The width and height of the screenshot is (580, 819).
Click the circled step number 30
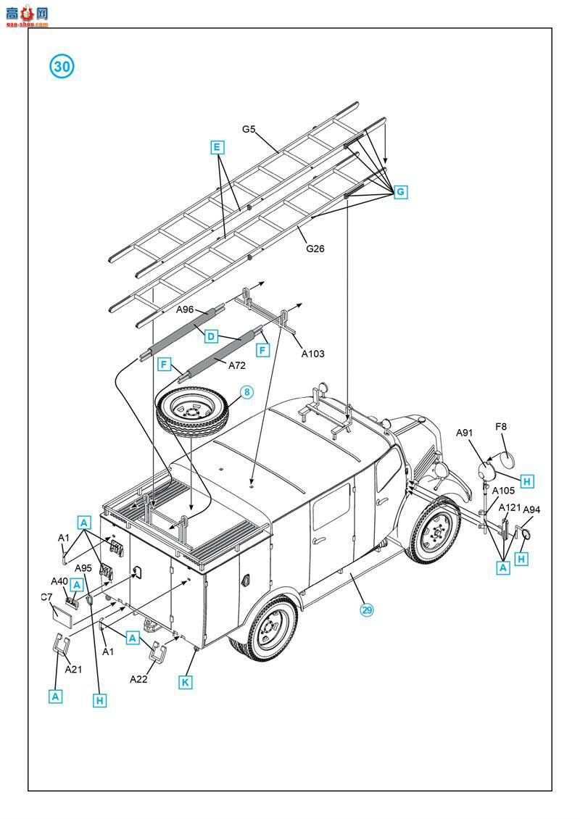point(62,67)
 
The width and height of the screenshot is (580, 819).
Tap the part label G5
point(249,130)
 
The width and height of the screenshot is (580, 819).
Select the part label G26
point(315,249)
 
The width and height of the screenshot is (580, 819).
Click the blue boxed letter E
point(216,148)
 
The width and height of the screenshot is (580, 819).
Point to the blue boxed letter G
point(399,192)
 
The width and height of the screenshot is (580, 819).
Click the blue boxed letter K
point(186,682)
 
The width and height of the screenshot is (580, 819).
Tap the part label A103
point(313,354)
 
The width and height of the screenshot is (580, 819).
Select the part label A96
point(186,309)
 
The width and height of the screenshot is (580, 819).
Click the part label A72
point(237,365)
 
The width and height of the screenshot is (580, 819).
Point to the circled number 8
point(246,392)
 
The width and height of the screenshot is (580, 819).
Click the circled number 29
point(367,610)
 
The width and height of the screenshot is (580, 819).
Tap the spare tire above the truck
point(191,415)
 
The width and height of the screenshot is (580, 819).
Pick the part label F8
point(501,427)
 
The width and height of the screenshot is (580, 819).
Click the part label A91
point(464,433)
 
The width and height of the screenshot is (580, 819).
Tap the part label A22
point(138,679)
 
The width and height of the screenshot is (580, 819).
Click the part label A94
point(531,510)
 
